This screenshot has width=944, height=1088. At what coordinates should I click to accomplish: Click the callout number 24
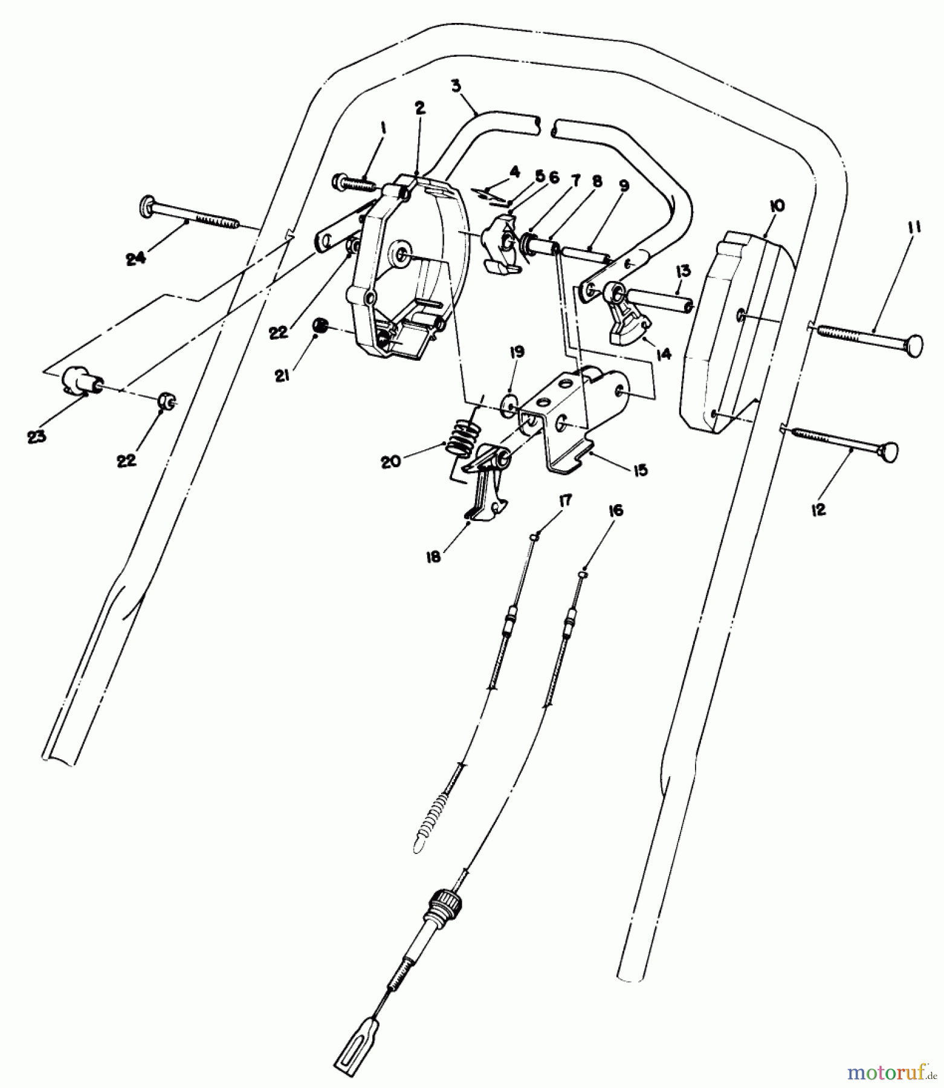135,258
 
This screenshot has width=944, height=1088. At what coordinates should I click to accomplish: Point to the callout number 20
390,462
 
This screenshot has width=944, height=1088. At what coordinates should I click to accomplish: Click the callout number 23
36,437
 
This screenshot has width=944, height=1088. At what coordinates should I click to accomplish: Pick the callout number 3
456,85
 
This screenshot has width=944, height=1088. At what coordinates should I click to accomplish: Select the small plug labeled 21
320,326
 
